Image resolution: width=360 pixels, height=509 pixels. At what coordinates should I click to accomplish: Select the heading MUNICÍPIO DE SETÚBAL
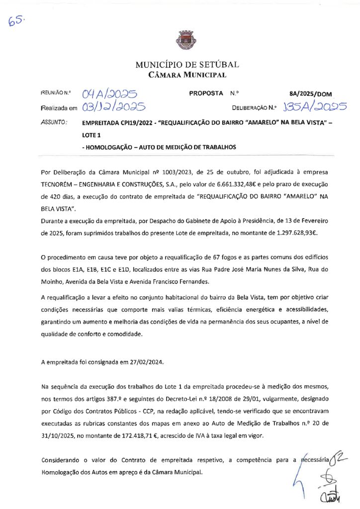[x=187, y=65]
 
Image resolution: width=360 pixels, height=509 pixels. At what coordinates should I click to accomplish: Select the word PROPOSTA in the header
[x=206, y=93]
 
